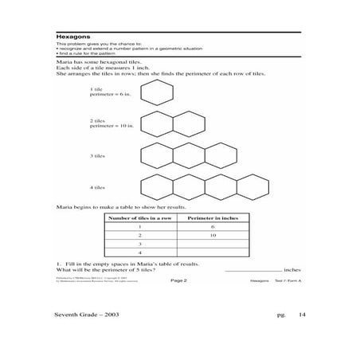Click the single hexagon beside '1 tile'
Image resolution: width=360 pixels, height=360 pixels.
156,94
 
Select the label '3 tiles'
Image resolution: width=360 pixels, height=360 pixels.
98,155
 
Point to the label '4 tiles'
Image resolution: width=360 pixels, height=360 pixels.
98,188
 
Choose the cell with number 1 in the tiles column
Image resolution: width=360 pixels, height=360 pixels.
139,227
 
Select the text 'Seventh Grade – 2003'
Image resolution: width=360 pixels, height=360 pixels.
93,316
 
